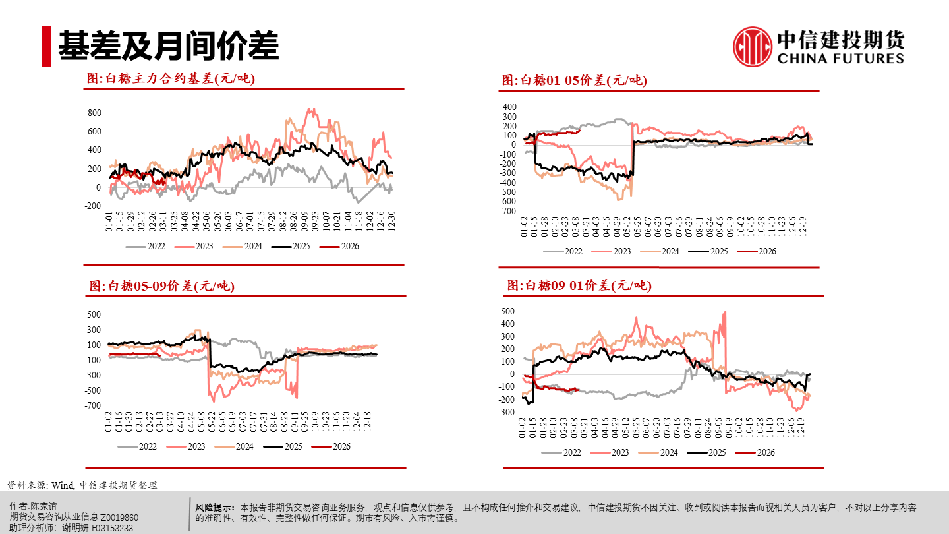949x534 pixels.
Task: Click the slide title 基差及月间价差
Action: (168, 46)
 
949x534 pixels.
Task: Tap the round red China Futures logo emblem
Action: (752, 47)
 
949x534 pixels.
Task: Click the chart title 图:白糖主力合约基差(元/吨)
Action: (171, 78)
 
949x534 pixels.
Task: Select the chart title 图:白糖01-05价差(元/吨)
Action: (574, 80)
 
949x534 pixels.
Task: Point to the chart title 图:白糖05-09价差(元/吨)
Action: (161, 286)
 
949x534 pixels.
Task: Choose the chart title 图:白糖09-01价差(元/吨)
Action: (579, 285)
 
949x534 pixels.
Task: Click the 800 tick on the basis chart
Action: (94, 113)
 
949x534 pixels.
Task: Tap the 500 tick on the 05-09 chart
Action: (94, 314)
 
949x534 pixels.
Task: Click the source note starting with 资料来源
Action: (82, 485)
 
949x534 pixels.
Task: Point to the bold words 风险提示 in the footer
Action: (215, 508)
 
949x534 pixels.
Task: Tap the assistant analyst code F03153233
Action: (113, 527)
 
